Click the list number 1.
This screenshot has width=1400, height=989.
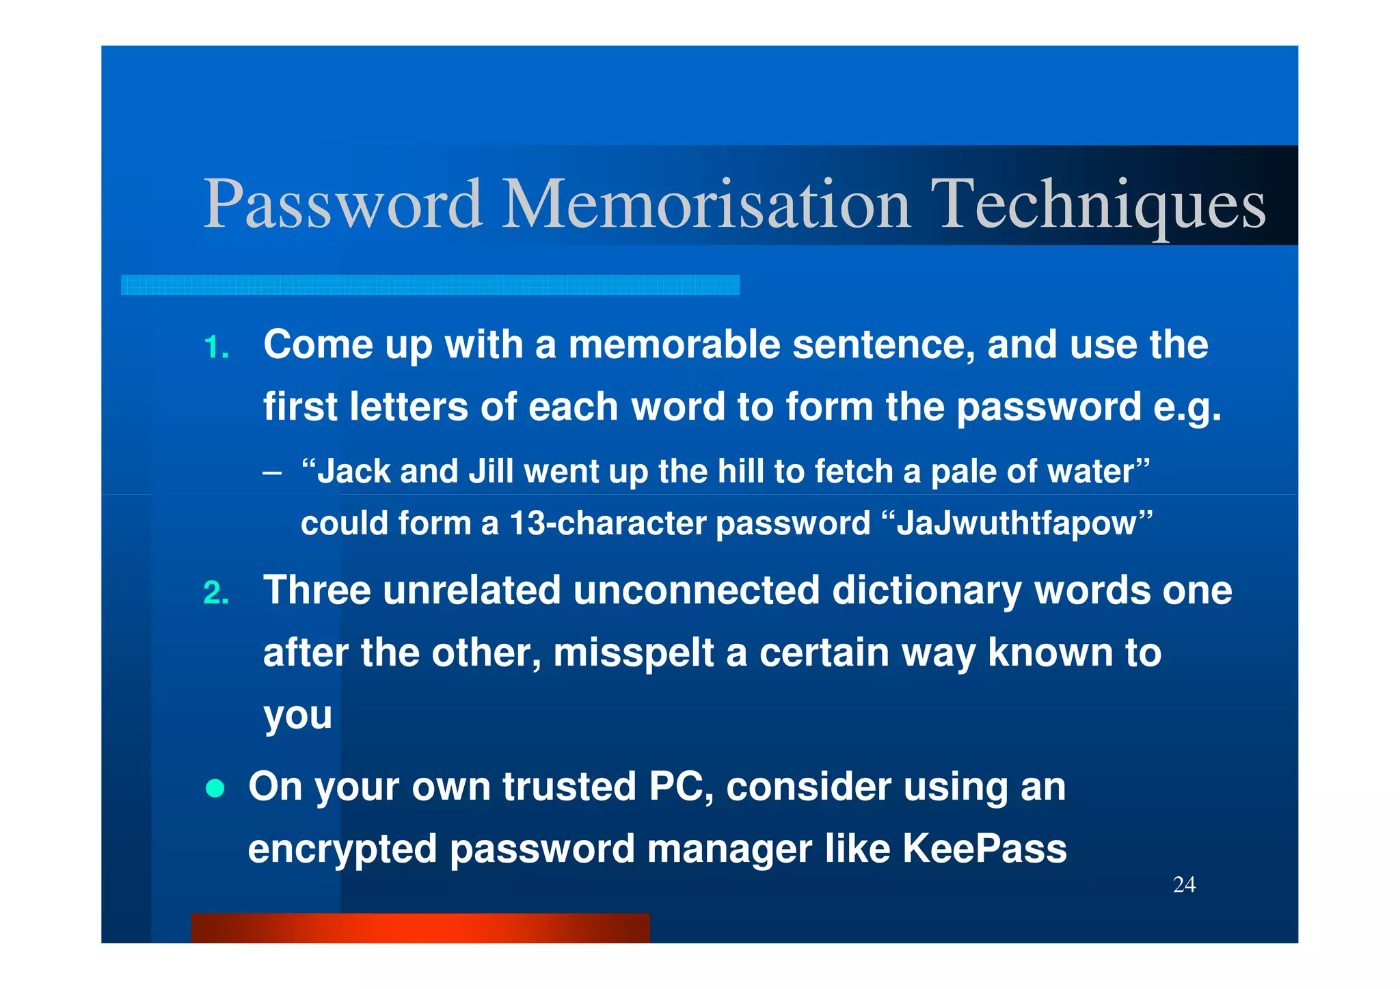pyautogui.click(x=216, y=347)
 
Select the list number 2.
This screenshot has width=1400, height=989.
pyautogui.click(x=216, y=593)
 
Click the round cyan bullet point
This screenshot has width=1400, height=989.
pyautogui.click(x=215, y=788)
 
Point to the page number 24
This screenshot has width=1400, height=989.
pyautogui.click(x=1184, y=884)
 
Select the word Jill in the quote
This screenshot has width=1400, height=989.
pyautogui.click(x=490, y=472)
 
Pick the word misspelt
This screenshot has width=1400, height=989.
pyautogui.click(x=634, y=653)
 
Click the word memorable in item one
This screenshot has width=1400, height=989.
pyautogui.click(x=674, y=344)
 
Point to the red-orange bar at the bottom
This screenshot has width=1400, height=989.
pyautogui.click(x=420, y=928)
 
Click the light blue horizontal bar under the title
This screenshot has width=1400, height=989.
pyautogui.click(x=430, y=285)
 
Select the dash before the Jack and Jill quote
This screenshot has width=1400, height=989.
pyautogui.click(x=271, y=473)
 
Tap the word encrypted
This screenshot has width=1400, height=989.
pyautogui.click(x=342, y=850)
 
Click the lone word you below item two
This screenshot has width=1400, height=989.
pyautogui.click(x=297, y=716)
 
